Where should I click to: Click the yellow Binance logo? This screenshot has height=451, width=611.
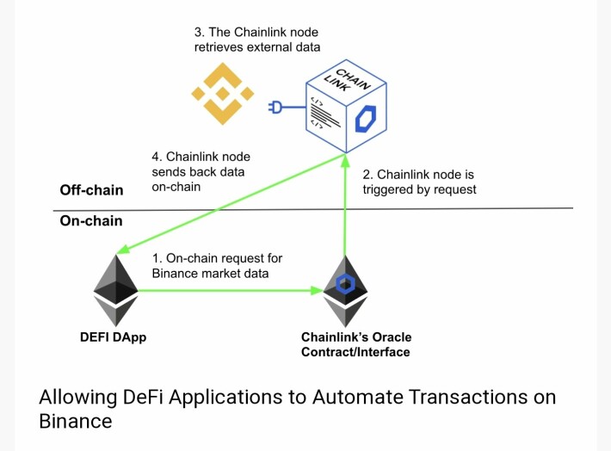(x=223, y=94)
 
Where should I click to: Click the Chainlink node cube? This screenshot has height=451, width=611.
(x=346, y=106)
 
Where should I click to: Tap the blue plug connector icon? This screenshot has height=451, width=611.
(x=276, y=107)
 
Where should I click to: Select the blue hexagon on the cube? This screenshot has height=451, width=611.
(x=366, y=119)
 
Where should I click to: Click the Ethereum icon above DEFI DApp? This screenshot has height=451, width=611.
(x=115, y=290)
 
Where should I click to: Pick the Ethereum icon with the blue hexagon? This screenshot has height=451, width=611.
(x=345, y=291)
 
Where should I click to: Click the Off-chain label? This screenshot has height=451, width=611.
(x=91, y=190)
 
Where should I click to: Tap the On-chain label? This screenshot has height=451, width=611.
(x=91, y=221)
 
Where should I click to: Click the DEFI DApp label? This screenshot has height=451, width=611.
(x=113, y=337)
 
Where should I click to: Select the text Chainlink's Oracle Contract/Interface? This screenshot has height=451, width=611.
(x=356, y=344)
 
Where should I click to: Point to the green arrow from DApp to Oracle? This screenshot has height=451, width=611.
(x=231, y=290)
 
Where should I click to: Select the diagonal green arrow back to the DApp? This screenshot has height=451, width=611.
(x=231, y=204)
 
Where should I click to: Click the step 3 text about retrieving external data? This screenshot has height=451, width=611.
(x=257, y=40)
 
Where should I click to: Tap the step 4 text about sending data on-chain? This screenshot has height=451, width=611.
(x=201, y=171)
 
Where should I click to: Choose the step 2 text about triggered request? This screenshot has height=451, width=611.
(x=419, y=182)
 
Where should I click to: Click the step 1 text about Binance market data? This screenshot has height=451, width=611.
(x=217, y=265)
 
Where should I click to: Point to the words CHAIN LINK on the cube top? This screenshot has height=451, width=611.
(x=347, y=81)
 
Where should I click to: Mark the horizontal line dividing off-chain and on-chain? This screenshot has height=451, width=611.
(x=313, y=209)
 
